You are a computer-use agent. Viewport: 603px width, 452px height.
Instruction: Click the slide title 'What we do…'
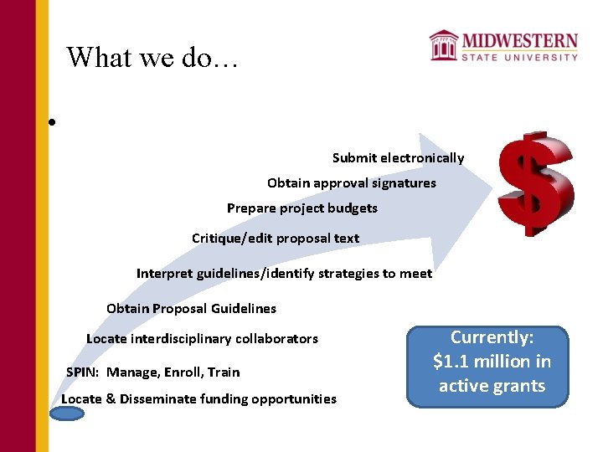click(x=152, y=57)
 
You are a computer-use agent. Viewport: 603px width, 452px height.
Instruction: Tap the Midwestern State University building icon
click(x=443, y=45)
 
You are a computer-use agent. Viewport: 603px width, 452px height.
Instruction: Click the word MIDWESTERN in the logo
click(x=519, y=41)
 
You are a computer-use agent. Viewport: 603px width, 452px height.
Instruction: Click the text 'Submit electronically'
click(x=398, y=158)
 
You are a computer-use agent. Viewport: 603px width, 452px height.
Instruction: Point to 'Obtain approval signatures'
click(x=351, y=183)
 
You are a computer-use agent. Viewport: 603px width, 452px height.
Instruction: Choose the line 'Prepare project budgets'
click(x=301, y=208)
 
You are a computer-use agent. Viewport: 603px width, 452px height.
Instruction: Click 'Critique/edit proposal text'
click(x=275, y=239)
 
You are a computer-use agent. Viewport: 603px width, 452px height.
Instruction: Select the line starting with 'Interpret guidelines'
click(x=284, y=274)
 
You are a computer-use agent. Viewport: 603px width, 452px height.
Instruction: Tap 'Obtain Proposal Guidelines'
click(x=191, y=309)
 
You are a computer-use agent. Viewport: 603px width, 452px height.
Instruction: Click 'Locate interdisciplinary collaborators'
click(x=202, y=339)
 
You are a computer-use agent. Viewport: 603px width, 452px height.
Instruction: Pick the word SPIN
click(x=81, y=372)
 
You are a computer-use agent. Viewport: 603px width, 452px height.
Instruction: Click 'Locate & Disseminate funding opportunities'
click(x=198, y=399)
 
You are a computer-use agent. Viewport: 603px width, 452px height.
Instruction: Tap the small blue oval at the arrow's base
click(x=67, y=413)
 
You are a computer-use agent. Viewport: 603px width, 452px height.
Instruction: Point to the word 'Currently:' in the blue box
click(x=492, y=337)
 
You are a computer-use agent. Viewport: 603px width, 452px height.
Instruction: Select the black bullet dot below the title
click(x=52, y=122)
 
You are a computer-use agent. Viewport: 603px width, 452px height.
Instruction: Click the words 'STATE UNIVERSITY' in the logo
click(x=519, y=57)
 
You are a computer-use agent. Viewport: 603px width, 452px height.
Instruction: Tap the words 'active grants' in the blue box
click(x=492, y=386)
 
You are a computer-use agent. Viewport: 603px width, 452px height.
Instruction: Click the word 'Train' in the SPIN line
click(x=224, y=372)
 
